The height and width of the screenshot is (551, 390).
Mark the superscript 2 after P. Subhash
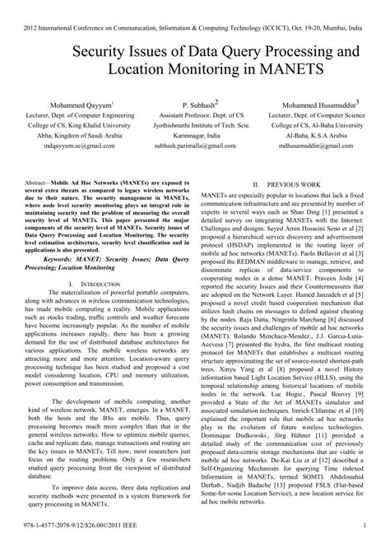pos(216,102)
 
